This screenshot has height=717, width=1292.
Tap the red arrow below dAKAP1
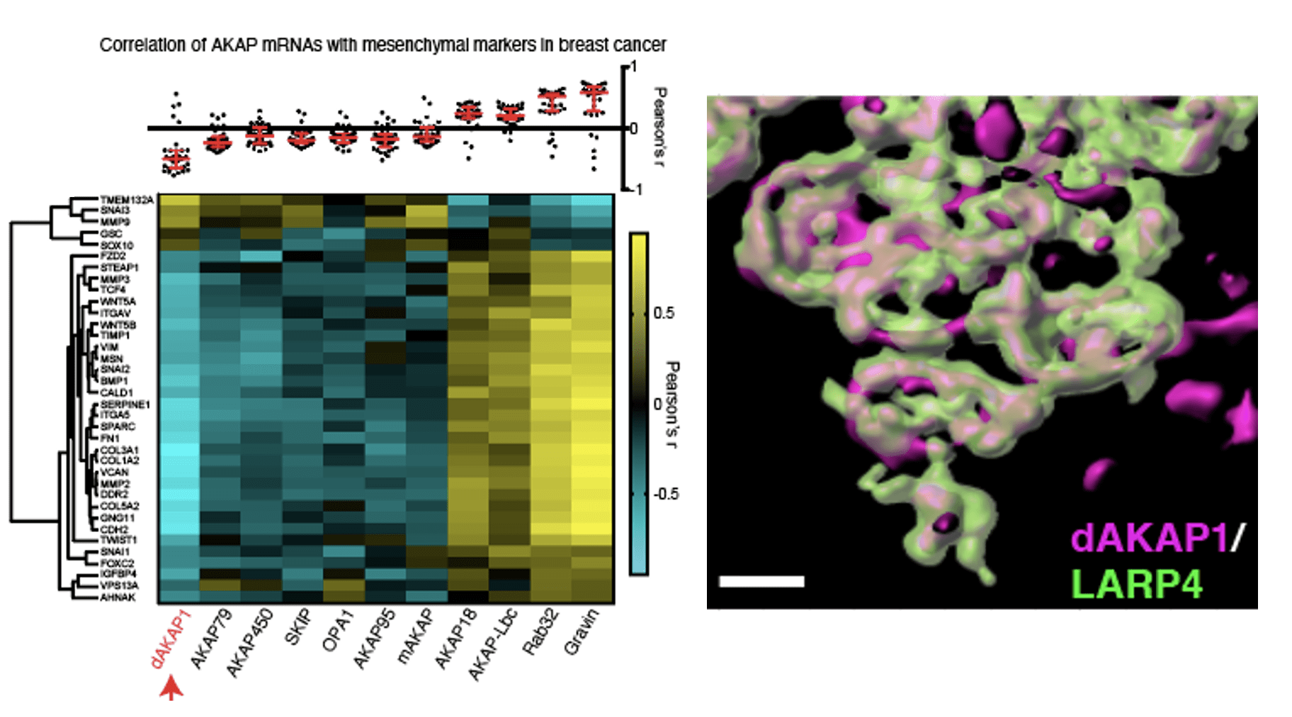coord(171,688)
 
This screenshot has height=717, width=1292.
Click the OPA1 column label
coord(338,633)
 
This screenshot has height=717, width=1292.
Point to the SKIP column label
coord(297,628)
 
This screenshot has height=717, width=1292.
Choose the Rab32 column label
coord(540,633)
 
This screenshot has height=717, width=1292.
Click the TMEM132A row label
coord(126,201)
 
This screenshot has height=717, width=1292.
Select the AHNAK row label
coord(118,597)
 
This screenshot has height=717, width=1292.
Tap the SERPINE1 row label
coord(125,405)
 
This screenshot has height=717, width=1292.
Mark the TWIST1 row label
coord(118,540)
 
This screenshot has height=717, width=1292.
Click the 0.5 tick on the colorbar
coord(664,313)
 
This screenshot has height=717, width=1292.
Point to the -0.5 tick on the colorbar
coord(665,494)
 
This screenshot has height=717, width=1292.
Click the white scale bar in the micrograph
coord(761,582)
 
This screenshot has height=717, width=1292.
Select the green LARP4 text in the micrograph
coord(1136,585)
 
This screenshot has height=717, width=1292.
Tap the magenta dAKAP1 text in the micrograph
coord(1149,538)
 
